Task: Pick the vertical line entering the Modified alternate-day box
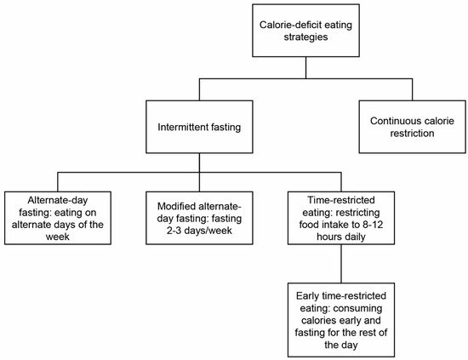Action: tap(199, 180)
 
